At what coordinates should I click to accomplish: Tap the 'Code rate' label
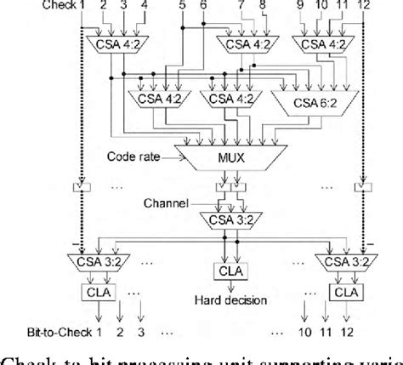tap(138, 157)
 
